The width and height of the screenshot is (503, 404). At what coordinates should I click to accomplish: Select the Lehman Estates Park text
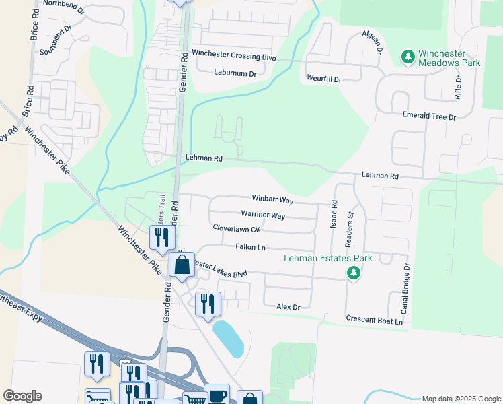[x=327, y=258]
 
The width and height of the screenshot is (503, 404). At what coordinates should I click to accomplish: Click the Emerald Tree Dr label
[x=429, y=116]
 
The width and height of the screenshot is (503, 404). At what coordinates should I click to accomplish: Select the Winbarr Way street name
[x=272, y=200]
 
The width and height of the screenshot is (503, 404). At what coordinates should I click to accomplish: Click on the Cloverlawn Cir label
[x=236, y=228]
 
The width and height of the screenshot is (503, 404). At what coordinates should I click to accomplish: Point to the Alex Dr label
[x=287, y=306]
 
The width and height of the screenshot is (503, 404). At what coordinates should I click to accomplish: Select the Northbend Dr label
[x=64, y=3]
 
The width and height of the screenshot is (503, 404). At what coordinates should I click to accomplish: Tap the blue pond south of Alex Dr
[x=228, y=339]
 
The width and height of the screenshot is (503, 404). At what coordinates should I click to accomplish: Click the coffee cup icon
[x=217, y=395]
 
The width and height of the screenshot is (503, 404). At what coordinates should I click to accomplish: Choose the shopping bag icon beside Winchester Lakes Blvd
[x=182, y=265]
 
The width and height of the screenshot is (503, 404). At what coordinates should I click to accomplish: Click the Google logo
[x=22, y=396]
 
